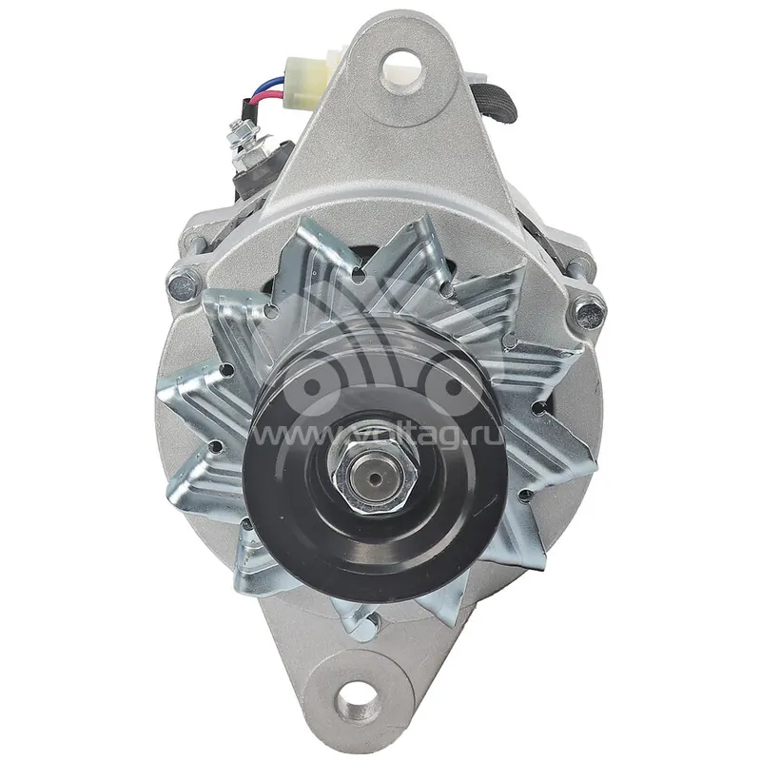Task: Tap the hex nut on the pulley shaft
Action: tap(374, 478)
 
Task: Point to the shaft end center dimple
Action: tap(373, 478)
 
